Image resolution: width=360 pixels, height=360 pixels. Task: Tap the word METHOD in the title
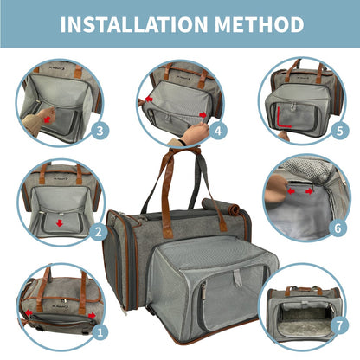coord(257,24)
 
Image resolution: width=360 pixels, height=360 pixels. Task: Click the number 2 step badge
coord(100,231)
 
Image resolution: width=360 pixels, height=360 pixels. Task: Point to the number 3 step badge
coord(101,132)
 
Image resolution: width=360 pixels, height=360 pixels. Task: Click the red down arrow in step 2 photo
coord(59,222)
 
